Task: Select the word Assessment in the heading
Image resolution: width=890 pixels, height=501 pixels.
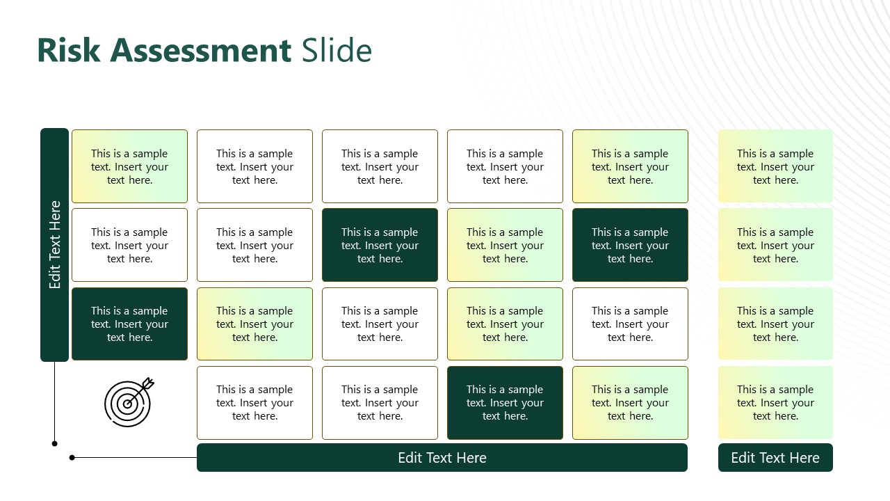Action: (x=200, y=51)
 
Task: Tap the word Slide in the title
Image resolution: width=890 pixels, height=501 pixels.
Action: (x=337, y=51)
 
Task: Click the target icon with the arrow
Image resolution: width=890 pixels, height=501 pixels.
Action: (x=129, y=402)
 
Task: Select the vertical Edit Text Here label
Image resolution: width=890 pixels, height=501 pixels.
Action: (x=55, y=245)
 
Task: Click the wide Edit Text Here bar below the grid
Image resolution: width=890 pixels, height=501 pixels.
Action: (x=442, y=458)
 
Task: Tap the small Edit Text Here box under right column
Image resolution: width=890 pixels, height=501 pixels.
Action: (x=775, y=458)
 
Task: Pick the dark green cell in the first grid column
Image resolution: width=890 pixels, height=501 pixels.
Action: (x=129, y=324)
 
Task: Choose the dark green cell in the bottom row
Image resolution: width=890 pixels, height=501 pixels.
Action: (x=505, y=403)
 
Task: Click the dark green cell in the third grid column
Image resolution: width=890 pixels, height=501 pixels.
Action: (x=380, y=245)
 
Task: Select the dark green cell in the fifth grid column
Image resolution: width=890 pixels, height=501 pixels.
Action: (x=630, y=245)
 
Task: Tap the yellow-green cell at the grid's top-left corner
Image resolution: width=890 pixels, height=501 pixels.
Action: (x=129, y=166)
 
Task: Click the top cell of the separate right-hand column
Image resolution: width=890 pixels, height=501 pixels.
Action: (x=775, y=166)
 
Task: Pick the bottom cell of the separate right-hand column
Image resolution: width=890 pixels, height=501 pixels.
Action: (x=775, y=403)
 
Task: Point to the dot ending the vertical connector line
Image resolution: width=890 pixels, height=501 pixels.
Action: (x=55, y=443)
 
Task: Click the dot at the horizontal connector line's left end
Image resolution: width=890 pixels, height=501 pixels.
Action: (x=72, y=457)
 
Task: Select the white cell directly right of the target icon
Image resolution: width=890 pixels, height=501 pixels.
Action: (x=254, y=403)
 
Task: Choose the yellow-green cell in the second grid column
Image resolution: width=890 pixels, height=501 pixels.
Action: (x=254, y=324)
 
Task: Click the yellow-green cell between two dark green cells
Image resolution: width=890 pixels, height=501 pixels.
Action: (x=505, y=245)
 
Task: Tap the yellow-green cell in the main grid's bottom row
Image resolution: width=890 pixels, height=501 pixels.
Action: (x=630, y=403)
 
